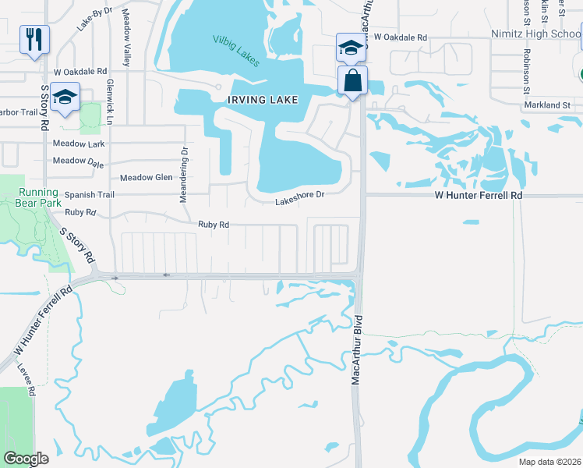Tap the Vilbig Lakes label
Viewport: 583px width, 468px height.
pos(236,49)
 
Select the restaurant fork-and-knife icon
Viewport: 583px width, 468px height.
pos(34,40)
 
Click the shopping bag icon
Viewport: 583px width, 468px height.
pos(353,80)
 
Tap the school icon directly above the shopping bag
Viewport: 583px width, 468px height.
pos(351,48)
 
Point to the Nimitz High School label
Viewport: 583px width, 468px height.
pos(535,34)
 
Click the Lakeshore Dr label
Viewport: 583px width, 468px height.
pos(299,202)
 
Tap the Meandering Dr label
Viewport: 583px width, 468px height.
pos(184,175)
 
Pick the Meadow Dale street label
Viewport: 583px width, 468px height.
pos(79,161)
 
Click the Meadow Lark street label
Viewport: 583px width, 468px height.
pos(79,144)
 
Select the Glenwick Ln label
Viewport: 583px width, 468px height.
pos(110,101)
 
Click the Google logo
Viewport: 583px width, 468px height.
pos(26,459)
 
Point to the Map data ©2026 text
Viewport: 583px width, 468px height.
pos(548,462)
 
